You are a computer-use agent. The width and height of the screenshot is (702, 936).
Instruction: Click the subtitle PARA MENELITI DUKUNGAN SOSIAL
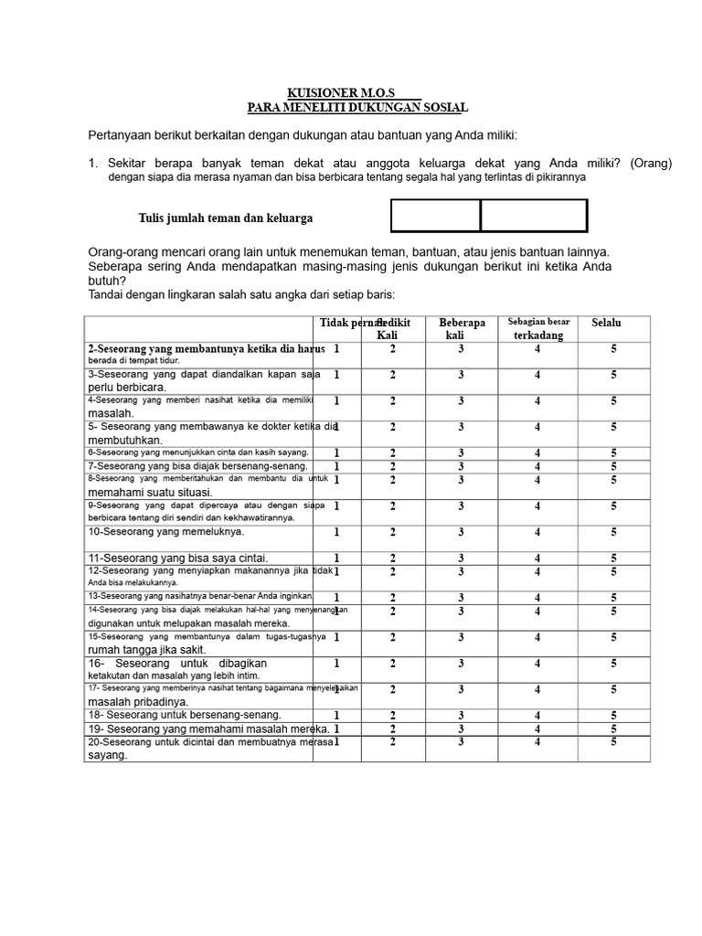(x=357, y=108)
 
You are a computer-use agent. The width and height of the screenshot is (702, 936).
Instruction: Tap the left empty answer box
(x=436, y=217)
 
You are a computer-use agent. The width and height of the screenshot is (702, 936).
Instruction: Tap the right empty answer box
(x=534, y=217)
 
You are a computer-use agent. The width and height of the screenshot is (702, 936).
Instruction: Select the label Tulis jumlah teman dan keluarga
(x=226, y=218)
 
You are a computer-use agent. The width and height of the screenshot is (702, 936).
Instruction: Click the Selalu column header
(x=606, y=323)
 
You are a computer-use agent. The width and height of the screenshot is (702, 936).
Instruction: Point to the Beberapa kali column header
(x=462, y=329)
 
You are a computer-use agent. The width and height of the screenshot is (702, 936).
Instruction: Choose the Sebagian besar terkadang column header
(x=538, y=329)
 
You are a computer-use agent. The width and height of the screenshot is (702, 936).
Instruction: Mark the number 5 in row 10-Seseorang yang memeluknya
(x=614, y=532)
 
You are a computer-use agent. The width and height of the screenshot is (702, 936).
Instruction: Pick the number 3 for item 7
(x=462, y=466)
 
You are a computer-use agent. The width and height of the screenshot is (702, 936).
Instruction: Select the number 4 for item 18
(x=537, y=716)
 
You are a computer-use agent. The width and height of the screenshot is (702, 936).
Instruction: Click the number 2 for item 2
(x=393, y=349)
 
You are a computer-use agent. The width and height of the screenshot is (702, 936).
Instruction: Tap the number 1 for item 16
(x=336, y=664)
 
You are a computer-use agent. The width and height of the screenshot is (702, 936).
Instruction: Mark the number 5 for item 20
(x=614, y=742)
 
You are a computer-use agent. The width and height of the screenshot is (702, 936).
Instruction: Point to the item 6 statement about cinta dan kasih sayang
(x=198, y=452)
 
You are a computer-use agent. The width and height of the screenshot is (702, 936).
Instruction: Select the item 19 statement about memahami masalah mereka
(x=208, y=729)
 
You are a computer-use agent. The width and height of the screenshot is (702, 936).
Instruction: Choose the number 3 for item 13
(x=462, y=598)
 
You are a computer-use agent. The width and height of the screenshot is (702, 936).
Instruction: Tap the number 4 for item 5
(x=537, y=427)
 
